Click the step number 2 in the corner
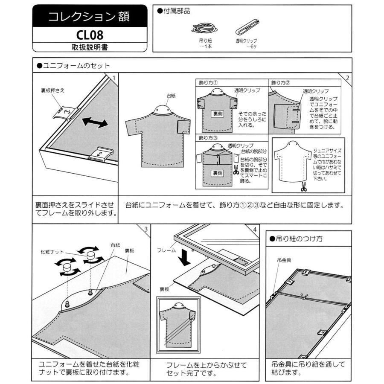[x=347, y=78]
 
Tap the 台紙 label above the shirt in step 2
[x=171, y=96]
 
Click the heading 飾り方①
[x=208, y=82]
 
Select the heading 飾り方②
[x=280, y=82]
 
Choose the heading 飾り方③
[x=208, y=138]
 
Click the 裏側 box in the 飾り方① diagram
[x=218, y=114]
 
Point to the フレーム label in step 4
[x=166, y=250]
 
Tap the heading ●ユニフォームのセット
[x=73, y=66]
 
